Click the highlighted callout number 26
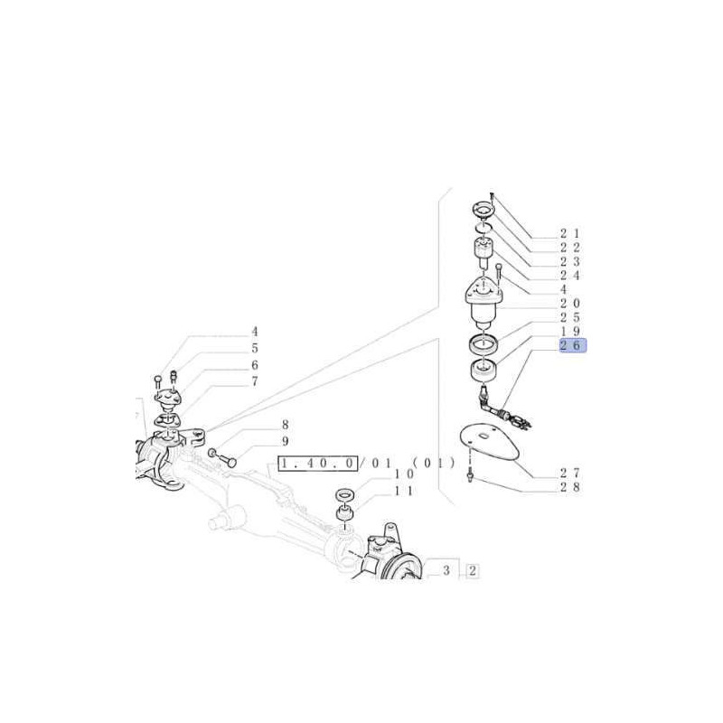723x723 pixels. tap(573, 345)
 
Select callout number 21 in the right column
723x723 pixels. tap(570, 234)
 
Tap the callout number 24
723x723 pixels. tap(570, 276)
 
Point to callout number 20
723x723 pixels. tap(570, 304)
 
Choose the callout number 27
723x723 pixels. tap(570, 473)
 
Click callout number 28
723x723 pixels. tap(570, 487)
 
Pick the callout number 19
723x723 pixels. tap(570, 331)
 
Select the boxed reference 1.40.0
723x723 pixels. tap(318, 463)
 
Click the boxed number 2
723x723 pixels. tap(473, 571)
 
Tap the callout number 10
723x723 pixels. tap(404, 474)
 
